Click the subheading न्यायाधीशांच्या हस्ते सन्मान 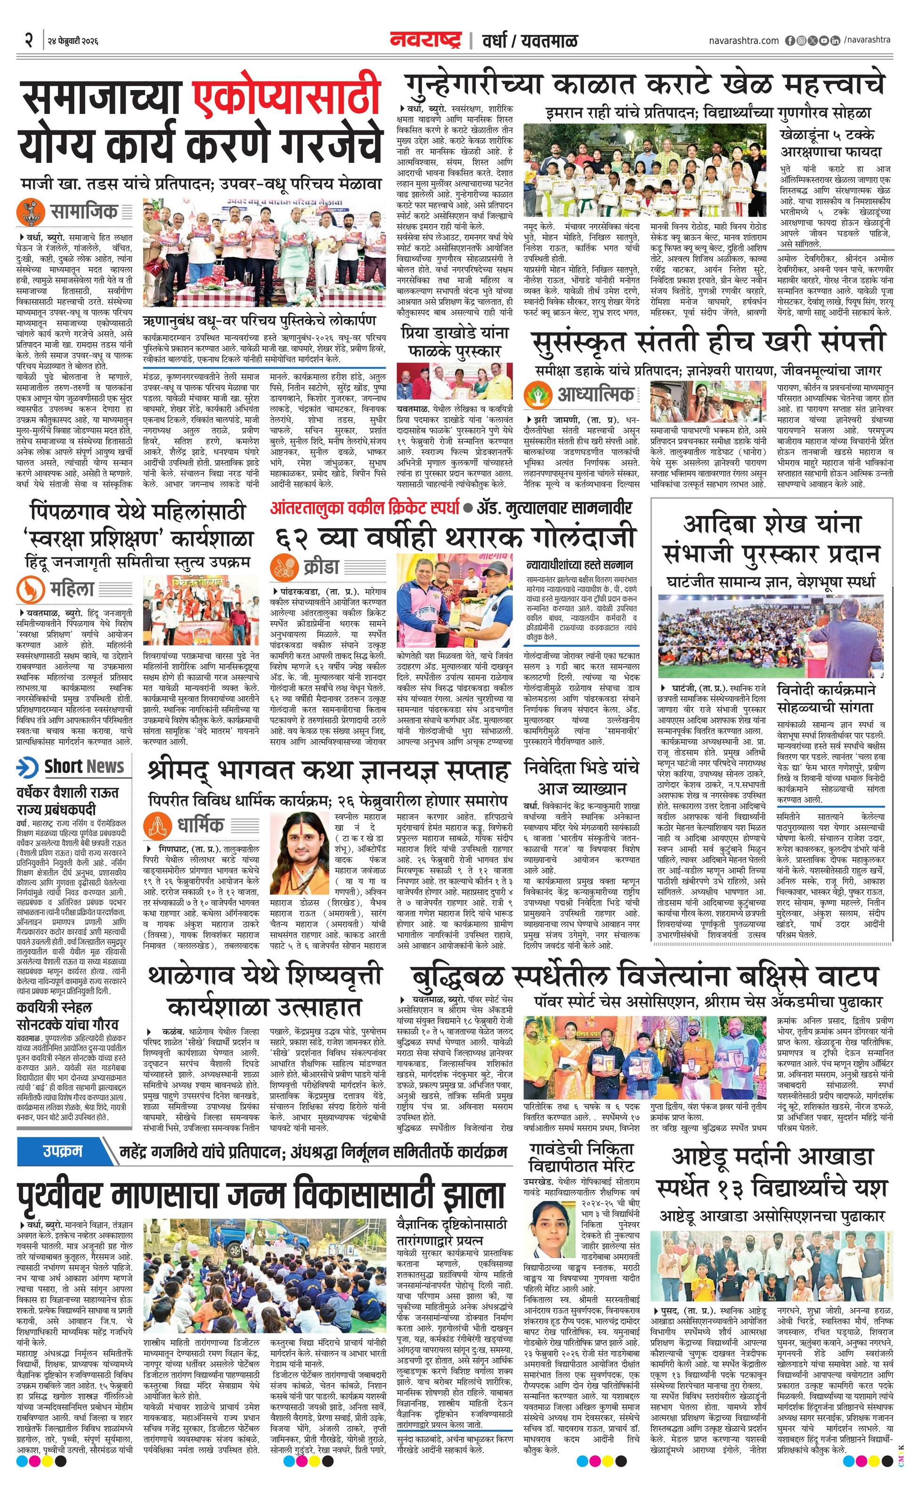(x=579, y=564)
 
